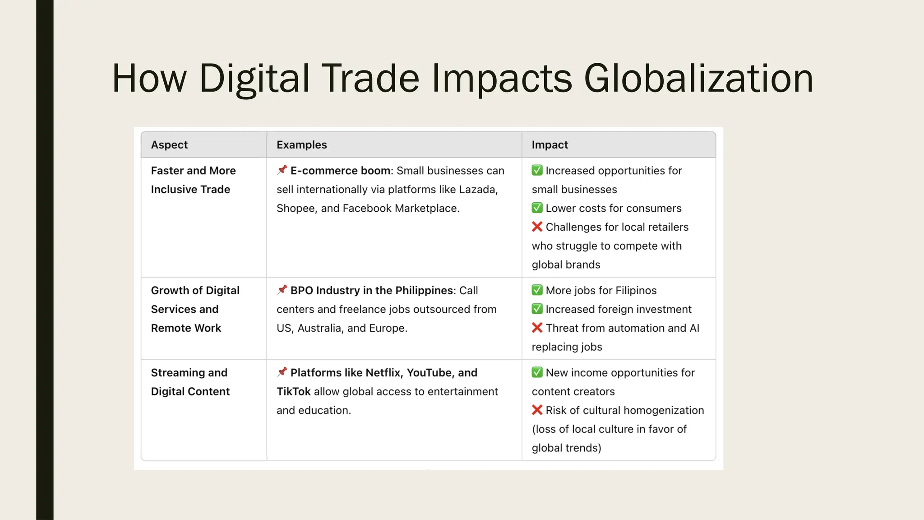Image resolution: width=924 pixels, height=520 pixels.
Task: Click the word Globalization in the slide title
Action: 698,79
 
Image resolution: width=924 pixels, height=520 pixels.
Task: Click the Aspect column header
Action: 169,145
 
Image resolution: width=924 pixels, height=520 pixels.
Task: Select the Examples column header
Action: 301,145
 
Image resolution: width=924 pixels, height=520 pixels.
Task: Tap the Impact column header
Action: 550,145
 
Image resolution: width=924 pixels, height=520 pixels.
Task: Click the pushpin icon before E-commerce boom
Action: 282,170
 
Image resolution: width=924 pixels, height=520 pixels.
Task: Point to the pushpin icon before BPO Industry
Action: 282,290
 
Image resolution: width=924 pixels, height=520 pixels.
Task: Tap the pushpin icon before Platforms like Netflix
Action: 282,372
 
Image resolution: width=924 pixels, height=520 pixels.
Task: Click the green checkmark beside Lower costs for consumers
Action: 537,208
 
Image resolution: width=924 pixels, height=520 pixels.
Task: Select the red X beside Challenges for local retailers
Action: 537,227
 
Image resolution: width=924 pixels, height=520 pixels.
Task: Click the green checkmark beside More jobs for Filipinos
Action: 537,290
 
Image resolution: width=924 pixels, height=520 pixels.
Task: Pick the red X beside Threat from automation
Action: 537,328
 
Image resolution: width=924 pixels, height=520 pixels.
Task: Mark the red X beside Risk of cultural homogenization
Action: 537,410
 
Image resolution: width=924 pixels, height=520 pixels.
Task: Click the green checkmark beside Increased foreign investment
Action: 537,309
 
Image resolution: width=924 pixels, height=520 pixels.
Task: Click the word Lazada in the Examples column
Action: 478,190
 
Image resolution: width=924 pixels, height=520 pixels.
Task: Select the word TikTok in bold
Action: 293,391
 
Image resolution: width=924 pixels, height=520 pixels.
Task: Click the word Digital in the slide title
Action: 254,79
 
